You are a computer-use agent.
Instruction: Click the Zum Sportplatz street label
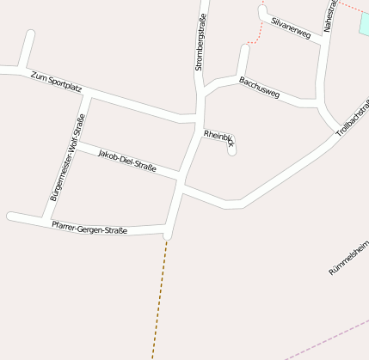click(56, 82)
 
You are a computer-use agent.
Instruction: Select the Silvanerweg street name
click(290, 27)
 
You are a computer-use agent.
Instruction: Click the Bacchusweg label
click(259, 88)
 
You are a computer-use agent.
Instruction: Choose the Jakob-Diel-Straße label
click(127, 161)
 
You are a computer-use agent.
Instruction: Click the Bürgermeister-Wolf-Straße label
click(66, 158)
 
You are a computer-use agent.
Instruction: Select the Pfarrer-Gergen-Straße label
click(89, 229)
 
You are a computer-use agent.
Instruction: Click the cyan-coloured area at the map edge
click(364, 21)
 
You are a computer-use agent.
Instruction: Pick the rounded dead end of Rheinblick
click(232, 151)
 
